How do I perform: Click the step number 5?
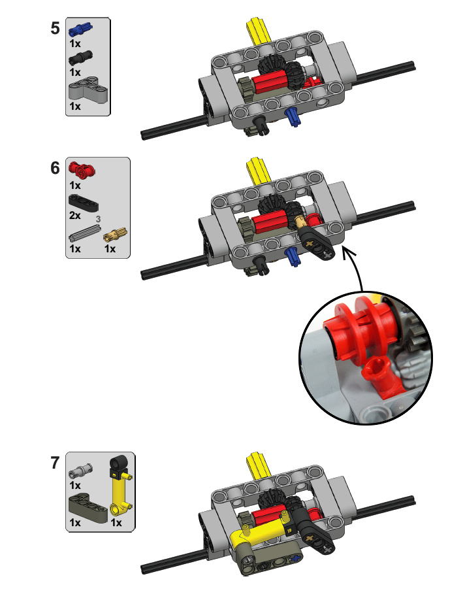[x=56, y=28]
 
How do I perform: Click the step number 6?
[x=56, y=168]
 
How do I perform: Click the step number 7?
[x=56, y=463]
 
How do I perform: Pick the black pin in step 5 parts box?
[x=80, y=58]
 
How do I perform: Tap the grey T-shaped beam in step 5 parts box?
[x=88, y=88]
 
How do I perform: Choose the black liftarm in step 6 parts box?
[x=83, y=203]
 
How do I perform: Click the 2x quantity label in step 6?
[x=75, y=216]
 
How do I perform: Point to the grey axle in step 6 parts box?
[x=85, y=233]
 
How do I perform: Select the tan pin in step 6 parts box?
[x=115, y=234]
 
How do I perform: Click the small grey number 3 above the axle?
[x=98, y=219]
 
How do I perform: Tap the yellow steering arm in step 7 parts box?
[x=120, y=486]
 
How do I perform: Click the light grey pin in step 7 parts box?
[x=80, y=471]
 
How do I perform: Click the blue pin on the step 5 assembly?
[x=293, y=117]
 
